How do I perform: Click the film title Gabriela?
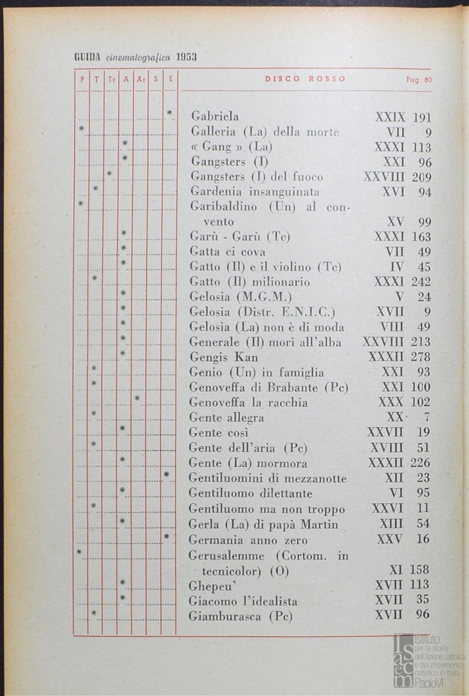[215, 117]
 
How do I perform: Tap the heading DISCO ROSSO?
[305, 79]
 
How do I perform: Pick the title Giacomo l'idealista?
[243, 601]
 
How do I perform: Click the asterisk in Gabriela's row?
[170, 114]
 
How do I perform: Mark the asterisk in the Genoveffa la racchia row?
[138, 400]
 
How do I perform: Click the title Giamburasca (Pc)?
[241, 616]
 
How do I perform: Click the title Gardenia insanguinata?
[255, 191]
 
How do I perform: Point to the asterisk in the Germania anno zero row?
[167, 536]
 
